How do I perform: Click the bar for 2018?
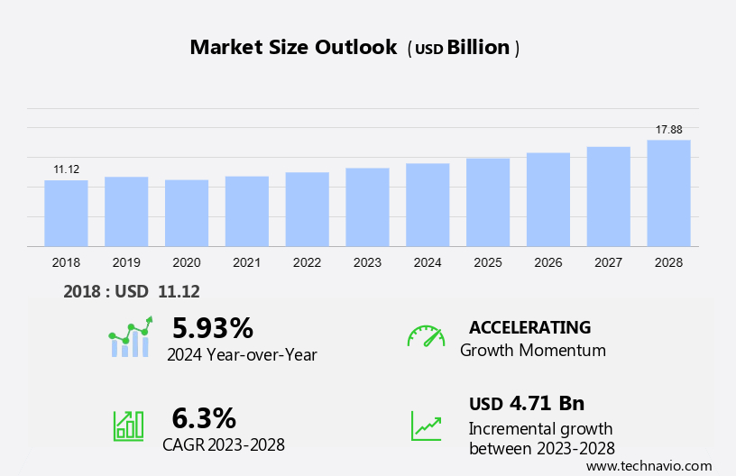click(x=66, y=214)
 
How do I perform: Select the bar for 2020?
click(x=187, y=214)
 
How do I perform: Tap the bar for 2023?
click(x=367, y=207)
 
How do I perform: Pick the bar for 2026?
click(x=548, y=200)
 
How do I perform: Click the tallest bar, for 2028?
click(x=668, y=193)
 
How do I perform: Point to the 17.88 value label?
click(x=668, y=130)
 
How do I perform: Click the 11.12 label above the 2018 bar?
click(x=66, y=169)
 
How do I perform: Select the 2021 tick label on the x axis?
click(x=246, y=262)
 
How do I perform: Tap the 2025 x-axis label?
click(x=488, y=262)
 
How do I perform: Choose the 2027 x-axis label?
click(x=609, y=262)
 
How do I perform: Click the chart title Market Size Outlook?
click(x=293, y=48)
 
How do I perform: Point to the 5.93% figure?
click(x=213, y=326)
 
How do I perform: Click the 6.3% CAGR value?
click(x=204, y=417)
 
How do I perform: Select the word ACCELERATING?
click(x=529, y=327)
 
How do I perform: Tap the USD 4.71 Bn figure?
click(x=527, y=403)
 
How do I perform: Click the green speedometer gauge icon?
click(x=426, y=336)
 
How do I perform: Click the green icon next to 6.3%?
click(x=128, y=426)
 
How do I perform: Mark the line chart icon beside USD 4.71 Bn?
click(x=426, y=426)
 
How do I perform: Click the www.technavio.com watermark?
click(x=649, y=466)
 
